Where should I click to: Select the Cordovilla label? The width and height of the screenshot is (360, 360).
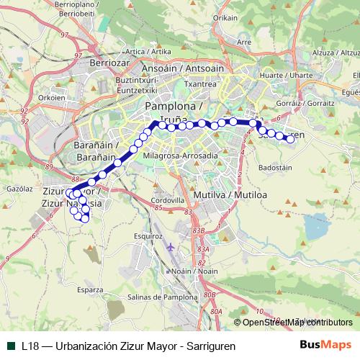pos(168,200)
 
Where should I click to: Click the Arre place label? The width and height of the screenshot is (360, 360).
pos(244,42)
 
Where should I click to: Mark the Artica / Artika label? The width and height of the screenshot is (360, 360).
pos(148,52)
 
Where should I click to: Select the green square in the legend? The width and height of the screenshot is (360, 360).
pos(10,345)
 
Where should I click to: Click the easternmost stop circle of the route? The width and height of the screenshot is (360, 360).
pos(291,140)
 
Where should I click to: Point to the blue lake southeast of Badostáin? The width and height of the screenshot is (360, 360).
pos(318,229)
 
